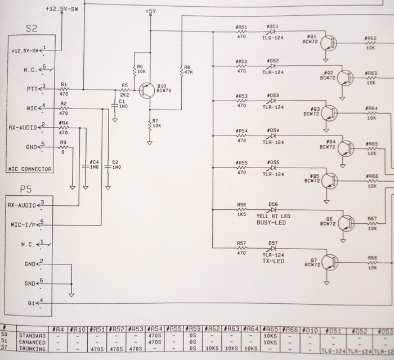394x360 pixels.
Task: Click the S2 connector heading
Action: (32, 28)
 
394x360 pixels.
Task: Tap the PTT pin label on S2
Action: (32, 88)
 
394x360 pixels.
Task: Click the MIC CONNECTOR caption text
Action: (30, 169)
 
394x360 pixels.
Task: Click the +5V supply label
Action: (150, 11)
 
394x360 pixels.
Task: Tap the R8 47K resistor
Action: (182, 71)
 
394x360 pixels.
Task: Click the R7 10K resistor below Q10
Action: (150, 124)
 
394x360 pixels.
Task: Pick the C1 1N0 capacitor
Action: (115, 104)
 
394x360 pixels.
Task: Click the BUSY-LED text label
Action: (271, 223)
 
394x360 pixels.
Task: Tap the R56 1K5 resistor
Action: (241, 210)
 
